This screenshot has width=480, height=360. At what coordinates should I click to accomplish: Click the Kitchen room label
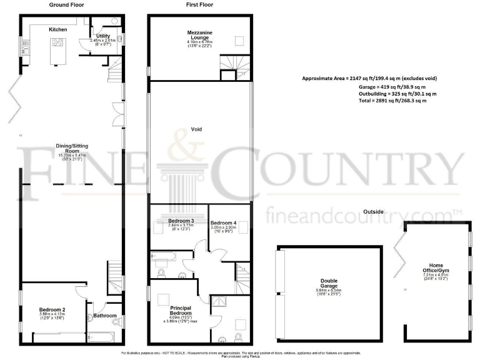click(x=57, y=29)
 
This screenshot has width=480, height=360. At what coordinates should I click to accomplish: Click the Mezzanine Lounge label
click(x=201, y=35)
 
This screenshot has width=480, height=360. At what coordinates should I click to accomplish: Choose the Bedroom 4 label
click(x=223, y=223)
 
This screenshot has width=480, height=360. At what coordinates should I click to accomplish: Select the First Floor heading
click(x=199, y=4)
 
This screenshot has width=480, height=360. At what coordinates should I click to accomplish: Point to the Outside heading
click(x=374, y=211)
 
